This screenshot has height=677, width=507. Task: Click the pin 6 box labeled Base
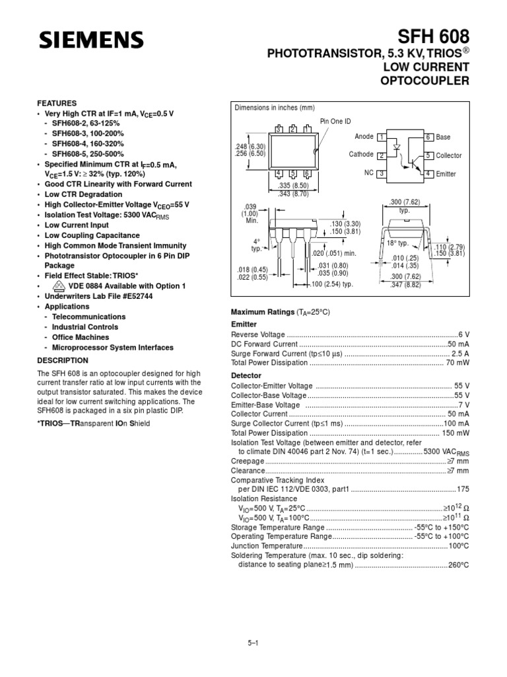[428, 136]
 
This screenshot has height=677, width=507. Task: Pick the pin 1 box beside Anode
[381, 136]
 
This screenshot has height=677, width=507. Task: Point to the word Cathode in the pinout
[361, 155]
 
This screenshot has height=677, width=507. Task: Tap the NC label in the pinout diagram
[368, 173]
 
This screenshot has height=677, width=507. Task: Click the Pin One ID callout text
[335, 121]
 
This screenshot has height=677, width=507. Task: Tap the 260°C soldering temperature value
[459, 565]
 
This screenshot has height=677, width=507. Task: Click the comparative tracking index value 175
[463, 489]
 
